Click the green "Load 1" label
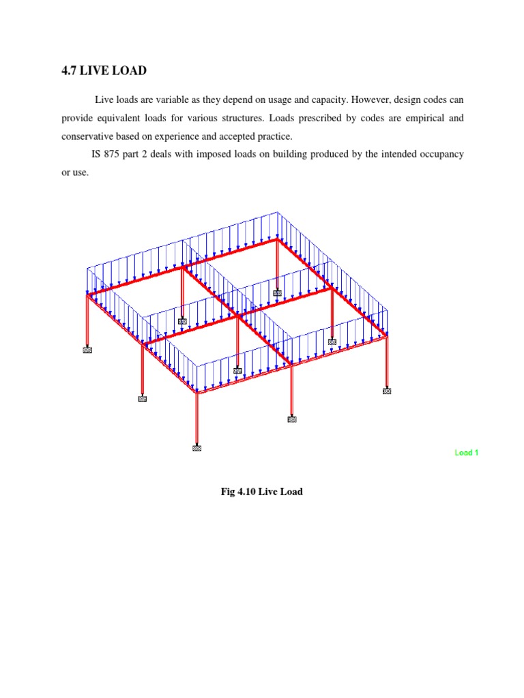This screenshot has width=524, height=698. coord(467,453)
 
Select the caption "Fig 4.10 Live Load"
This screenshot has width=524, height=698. coord(261,491)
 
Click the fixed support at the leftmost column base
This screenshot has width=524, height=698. coord(87,350)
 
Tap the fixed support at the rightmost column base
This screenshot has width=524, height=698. coord(387,391)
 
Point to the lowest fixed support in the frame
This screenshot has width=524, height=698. coord(196,449)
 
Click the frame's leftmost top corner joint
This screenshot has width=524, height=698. coord(88,295)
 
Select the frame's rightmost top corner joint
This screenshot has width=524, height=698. coord(387,335)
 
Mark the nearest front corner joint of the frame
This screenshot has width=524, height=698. coord(196,392)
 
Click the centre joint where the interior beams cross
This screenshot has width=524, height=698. coord(237,315)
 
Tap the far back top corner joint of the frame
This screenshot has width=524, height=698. coord(277,239)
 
